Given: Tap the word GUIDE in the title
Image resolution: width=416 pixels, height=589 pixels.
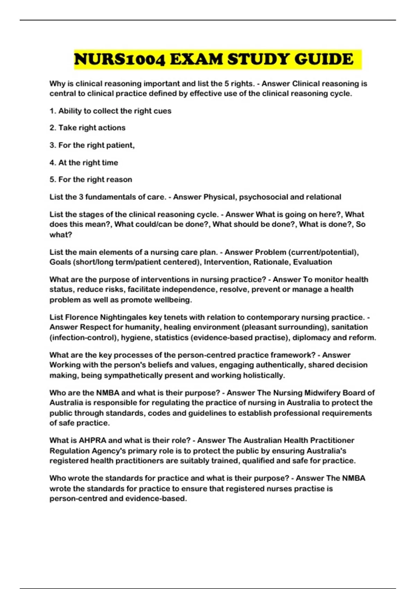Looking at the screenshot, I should (x=324, y=59).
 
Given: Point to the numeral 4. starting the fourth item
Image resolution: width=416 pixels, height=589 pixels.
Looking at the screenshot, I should (x=53, y=162).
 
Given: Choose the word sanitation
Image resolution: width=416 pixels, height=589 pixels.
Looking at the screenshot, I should (x=349, y=327).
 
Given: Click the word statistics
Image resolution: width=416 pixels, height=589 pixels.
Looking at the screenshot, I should (x=171, y=337).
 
